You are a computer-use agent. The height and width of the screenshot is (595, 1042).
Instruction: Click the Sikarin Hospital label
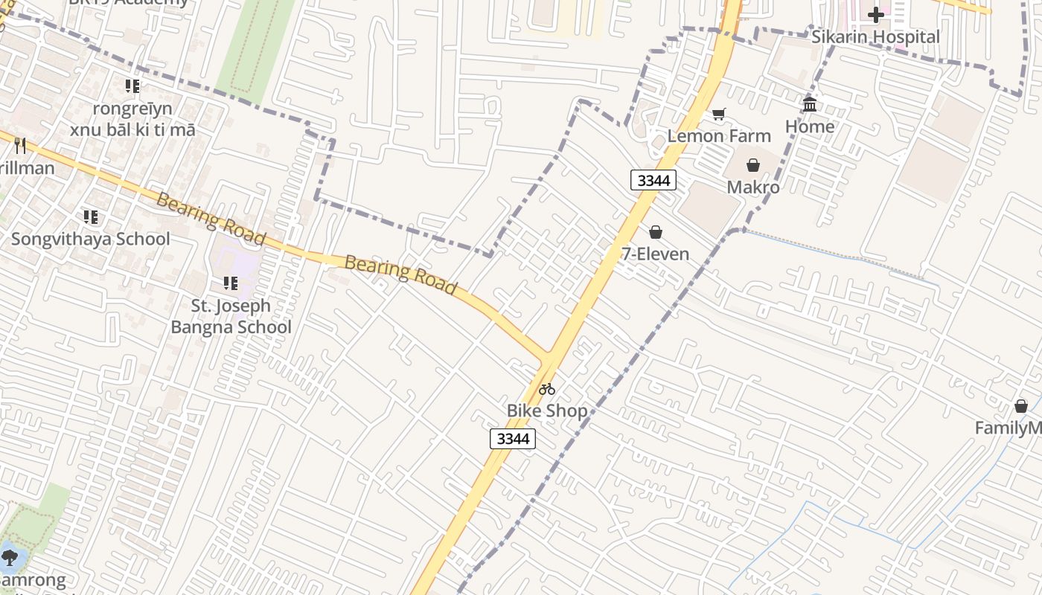click(875, 37)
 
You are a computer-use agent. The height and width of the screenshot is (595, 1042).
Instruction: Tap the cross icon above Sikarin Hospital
click(875, 14)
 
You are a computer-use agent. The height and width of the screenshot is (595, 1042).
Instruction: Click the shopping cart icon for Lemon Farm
click(718, 114)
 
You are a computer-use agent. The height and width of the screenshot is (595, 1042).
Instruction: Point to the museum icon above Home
click(810, 104)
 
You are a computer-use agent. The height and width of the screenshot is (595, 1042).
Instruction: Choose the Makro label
click(752, 187)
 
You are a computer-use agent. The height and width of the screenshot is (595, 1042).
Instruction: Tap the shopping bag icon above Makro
click(752, 165)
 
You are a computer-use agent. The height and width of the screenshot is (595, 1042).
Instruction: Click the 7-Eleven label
click(655, 254)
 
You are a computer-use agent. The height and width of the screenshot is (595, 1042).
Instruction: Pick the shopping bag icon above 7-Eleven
click(655, 232)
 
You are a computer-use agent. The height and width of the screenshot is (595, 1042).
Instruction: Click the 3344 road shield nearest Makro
click(653, 180)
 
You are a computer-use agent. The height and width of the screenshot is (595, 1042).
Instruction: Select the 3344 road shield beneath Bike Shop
click(512, 439)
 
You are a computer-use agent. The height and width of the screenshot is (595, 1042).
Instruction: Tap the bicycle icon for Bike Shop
click(547, 388)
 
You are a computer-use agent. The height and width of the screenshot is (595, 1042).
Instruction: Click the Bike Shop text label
click(547, 411)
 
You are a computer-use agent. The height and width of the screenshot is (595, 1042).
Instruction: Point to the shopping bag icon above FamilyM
click(1020, 406)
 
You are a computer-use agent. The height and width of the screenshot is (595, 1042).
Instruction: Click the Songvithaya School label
click(90, 239)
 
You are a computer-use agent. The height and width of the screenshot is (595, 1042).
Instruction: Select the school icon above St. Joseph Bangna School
click(231, 283)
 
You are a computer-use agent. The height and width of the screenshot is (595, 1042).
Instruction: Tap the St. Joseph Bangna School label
click(231, 316)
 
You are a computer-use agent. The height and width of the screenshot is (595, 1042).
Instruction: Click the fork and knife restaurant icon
click(20, 146)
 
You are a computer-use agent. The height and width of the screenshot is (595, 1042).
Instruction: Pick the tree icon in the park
click(10, 557)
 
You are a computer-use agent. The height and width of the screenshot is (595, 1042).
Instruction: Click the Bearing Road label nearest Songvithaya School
click(211, 219)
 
